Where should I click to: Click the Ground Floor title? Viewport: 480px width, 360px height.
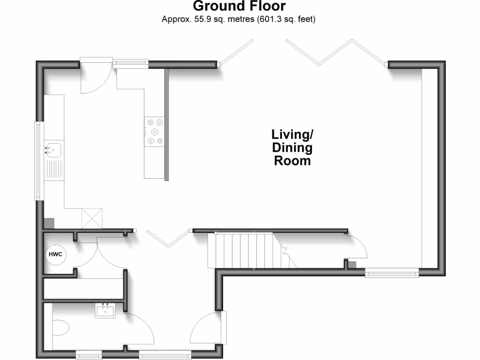click(x=239, y=7)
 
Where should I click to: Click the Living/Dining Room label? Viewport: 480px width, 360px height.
click(x=292, y=148)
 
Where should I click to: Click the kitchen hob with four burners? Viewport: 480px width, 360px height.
click(x=155, y=131)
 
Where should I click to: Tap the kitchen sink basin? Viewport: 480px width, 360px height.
click(x=54, y=149)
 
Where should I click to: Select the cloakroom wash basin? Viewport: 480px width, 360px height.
click(x=105, y=310)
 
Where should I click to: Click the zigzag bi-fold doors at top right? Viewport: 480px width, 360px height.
click(x=337, y=52)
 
